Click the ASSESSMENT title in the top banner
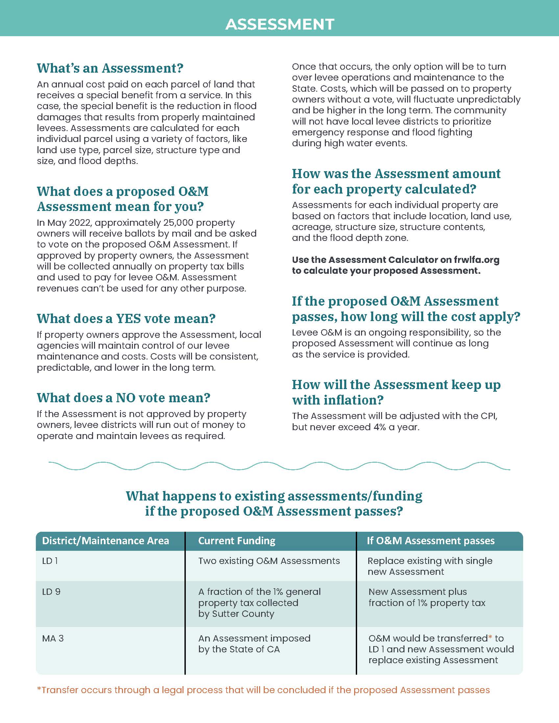click(279, 24)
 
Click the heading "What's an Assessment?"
click(110, 68)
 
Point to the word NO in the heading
click(124, 398)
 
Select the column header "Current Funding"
click(236, 541)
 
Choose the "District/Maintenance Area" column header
click(105, 541)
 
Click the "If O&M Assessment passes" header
click(430, 541)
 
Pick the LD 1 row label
click(50, 561)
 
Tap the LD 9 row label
click(51, 592)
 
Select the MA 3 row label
click(53, 638)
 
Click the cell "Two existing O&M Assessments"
click(269, 561)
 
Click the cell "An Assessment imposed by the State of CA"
click(254, 643)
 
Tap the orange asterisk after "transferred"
click(490, 637)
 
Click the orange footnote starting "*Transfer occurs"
click(263, 690)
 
